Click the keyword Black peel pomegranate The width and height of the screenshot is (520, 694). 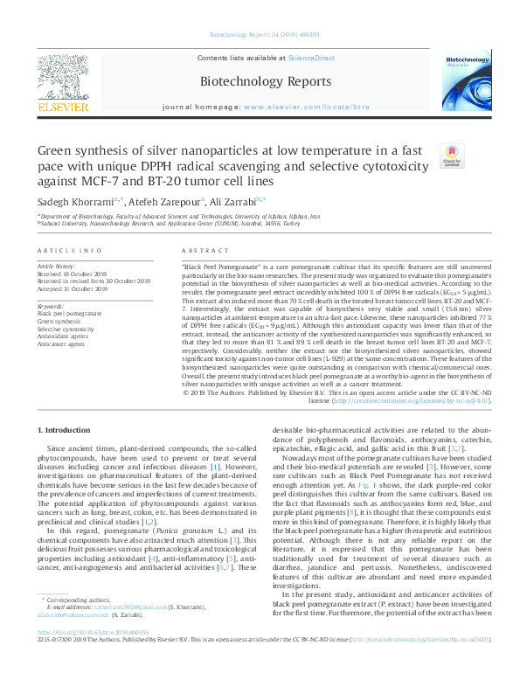tap(69, 313)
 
